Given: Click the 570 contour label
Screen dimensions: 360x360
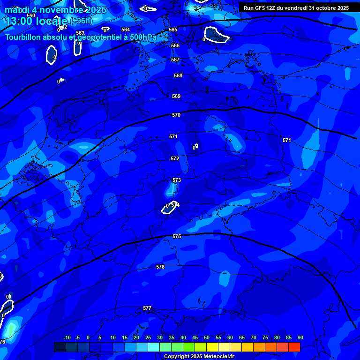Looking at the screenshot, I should click(x=176, y=115).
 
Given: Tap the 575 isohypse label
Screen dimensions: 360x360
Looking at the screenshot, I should click(x=177, y=237).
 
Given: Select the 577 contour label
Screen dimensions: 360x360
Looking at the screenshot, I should click(x=147, y=308).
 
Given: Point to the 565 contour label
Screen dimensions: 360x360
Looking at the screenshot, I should click(x=173, y=30).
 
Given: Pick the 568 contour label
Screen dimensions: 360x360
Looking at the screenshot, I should click(x=178, y=75).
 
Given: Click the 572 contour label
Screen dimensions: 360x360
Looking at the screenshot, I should click(x=175, y=159).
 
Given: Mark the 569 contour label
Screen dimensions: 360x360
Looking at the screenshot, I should click(x=176, y=96).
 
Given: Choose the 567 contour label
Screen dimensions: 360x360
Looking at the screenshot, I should click(x=175, y=60).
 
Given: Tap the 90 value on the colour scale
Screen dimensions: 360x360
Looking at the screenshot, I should click(x=300, y=337).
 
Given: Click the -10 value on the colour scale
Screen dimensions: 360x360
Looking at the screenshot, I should click(x=67, y=337).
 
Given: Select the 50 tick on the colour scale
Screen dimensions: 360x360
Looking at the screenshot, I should click(x=207, y=337).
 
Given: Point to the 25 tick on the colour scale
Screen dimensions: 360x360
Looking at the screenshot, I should click(x=148, y=337).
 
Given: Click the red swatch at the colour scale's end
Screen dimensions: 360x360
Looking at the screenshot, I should click(x=294, y=347).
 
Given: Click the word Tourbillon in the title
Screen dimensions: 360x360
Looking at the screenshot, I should click(x=23, y=37).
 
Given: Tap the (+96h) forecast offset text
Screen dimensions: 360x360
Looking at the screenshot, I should click(x=81, y=21).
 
